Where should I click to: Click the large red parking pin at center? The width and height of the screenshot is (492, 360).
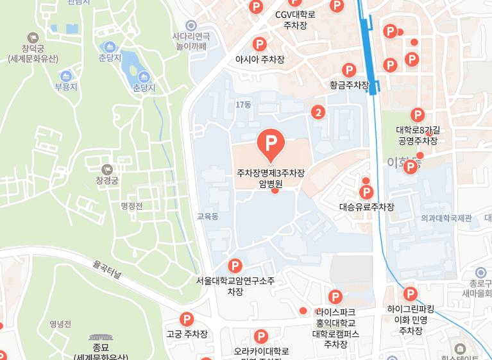tap(270, 143)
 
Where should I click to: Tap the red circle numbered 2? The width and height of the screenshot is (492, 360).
tap(318, 112)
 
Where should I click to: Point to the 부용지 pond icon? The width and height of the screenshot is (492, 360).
tap(65, 76)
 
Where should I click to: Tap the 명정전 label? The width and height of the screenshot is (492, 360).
tap(131, 206)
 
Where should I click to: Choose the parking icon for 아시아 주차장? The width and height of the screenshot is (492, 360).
tap(260, 44)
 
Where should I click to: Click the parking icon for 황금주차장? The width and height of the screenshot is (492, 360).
tap(349, 70)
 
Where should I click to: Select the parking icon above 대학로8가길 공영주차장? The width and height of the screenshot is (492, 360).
tap(418, 115)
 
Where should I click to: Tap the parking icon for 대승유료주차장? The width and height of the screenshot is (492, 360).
tap(366, 192)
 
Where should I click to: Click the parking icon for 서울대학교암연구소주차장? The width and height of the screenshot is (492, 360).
tap(235, 266)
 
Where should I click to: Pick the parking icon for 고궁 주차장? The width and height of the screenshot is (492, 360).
tap(187, 319)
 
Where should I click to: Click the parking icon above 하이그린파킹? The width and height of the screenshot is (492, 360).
tap(410, 295)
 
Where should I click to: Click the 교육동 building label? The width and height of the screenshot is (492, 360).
tap(208, 217)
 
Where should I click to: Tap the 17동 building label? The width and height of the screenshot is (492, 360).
tap(243, 104)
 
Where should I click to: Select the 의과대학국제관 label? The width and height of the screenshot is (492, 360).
tap(446, 218)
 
